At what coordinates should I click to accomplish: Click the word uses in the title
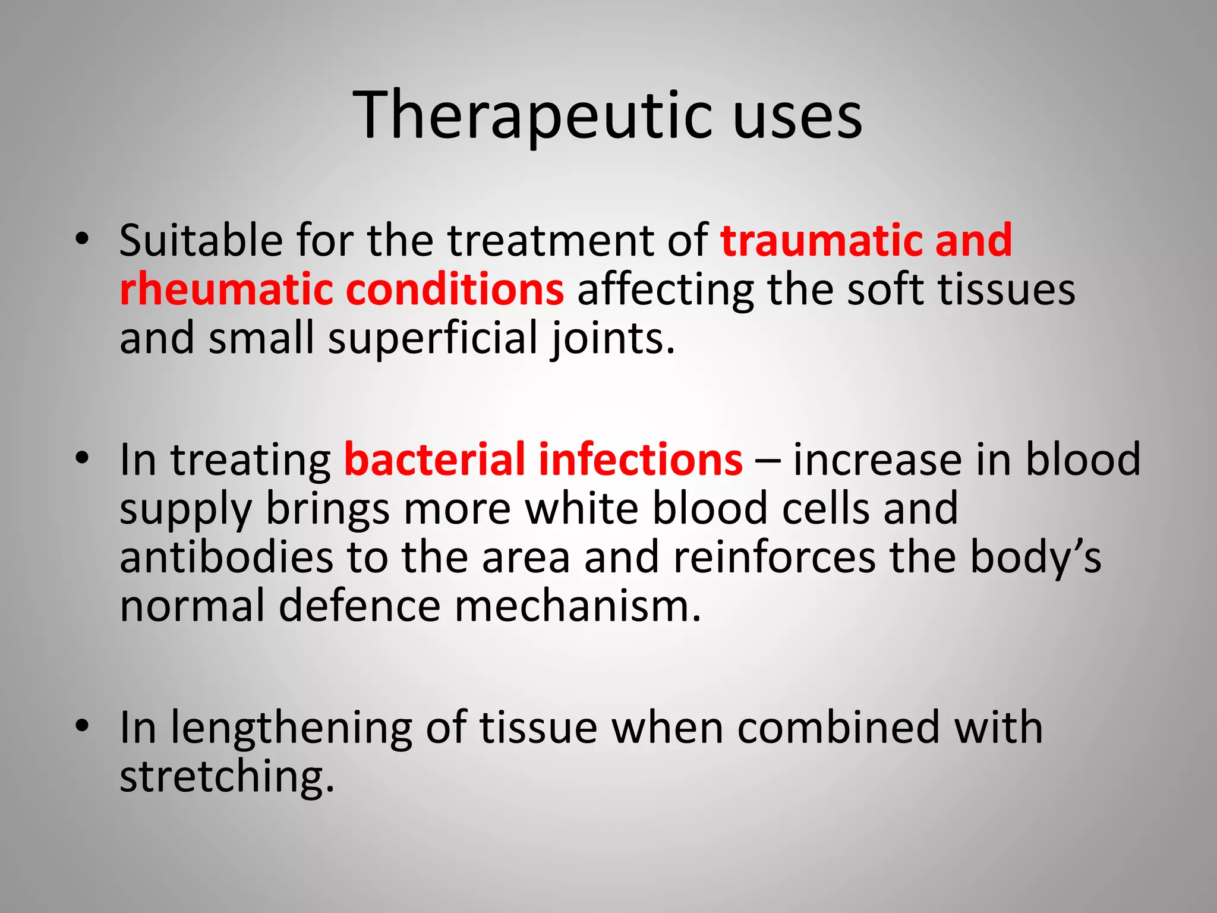797,116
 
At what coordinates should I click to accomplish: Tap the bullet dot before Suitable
82,239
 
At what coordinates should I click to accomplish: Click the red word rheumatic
225,290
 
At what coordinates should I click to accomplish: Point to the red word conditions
455,290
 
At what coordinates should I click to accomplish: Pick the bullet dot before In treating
82,458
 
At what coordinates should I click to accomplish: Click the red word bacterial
434,460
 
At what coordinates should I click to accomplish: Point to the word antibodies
226,558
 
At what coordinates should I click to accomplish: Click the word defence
360,606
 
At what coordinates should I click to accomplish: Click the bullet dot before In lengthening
82,726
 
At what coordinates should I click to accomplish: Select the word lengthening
291,729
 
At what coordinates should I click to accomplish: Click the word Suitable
201,241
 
